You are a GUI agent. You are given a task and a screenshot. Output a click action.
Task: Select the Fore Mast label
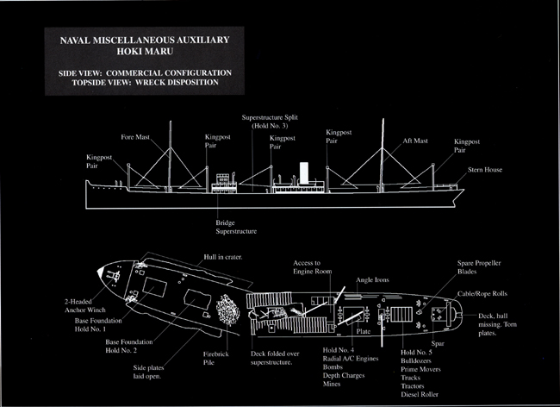(137, 137)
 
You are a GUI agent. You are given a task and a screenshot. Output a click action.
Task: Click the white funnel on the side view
(303, 172)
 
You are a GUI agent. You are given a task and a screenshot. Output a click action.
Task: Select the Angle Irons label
(374, 280)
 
